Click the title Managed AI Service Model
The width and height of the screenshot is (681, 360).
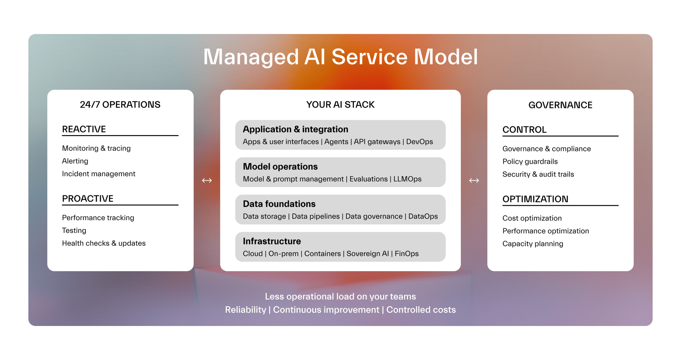340,56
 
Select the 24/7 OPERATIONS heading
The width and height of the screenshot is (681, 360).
120,104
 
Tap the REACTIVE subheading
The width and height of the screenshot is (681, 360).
84,129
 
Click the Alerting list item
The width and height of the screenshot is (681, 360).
75,161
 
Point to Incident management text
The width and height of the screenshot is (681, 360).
98,174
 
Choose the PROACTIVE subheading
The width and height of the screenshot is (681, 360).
88,199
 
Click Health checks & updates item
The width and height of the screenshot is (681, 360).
104,243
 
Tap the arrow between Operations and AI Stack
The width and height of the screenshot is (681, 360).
207,180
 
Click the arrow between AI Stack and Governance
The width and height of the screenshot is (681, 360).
474,180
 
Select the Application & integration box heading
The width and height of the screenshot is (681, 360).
295,129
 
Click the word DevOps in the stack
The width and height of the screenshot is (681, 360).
419,142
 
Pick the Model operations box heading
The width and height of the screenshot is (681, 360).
280,167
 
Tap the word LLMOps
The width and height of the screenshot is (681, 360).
407,179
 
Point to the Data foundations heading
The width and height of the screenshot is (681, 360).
279,204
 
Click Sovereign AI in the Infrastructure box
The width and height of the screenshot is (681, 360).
367,254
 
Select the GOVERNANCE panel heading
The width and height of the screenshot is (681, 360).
560,105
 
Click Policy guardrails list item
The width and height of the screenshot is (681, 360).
530,162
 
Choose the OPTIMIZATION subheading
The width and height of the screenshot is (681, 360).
535,199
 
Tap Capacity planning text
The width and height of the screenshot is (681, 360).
533,244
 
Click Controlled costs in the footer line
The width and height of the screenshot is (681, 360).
421,310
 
